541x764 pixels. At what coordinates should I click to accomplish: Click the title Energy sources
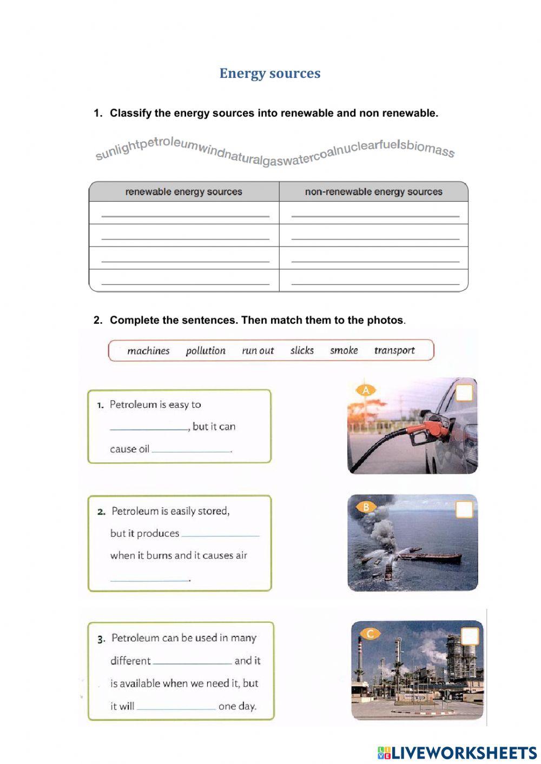[270, 74]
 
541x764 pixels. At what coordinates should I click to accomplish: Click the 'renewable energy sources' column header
[184, 191]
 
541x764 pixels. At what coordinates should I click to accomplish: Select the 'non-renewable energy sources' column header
[373, 191]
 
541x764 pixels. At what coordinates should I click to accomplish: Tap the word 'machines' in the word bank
[148, 351]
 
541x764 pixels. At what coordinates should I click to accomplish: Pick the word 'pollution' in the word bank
[206, 351]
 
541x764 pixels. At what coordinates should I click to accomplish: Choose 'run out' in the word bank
[258, 351]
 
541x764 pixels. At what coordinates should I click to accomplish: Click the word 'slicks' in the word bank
[302, 350]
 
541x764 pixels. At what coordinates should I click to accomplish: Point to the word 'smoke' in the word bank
[344, 350]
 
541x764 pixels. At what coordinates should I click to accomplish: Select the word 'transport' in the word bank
[394, 350]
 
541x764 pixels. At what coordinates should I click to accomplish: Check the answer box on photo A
[464, 393]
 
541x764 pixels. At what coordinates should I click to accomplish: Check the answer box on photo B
[464, 509]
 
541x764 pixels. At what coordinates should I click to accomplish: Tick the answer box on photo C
[470, 636]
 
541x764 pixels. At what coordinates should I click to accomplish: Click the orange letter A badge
[366, 390]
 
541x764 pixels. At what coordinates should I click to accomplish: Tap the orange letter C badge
[370, 633]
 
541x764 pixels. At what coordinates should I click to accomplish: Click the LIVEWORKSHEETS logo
[457, 753]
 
